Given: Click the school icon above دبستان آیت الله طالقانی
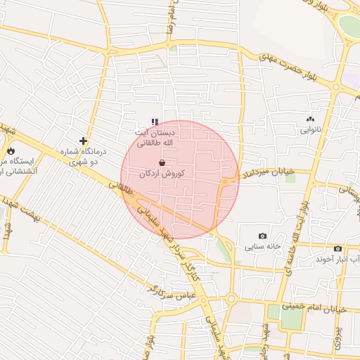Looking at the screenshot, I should [x=155, y=122].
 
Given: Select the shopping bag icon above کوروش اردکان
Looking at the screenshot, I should [x=162, y=162].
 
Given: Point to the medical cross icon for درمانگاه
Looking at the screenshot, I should [x=83, y=141].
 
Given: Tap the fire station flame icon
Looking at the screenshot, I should [x=11, y=150].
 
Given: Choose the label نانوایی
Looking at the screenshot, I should [x=310, y=130].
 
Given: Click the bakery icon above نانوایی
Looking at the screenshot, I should [x=310, y=120].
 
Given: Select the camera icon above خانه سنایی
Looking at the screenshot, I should [x=262, y=236].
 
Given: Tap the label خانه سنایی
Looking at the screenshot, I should [x=262, y=247].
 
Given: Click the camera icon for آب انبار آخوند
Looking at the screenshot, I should [x=337, y=248].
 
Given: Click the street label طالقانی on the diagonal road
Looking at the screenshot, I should [x=121, y=186].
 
